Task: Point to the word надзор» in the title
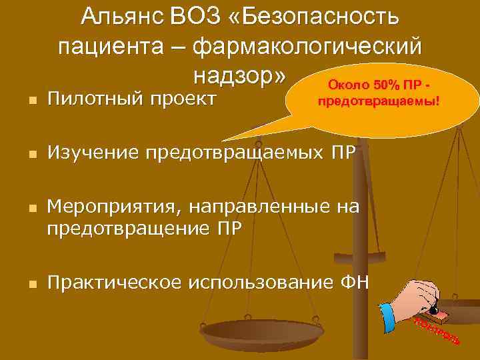pos(241,77)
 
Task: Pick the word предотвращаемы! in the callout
pos(377,103)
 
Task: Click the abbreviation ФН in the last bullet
pos(354,282)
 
